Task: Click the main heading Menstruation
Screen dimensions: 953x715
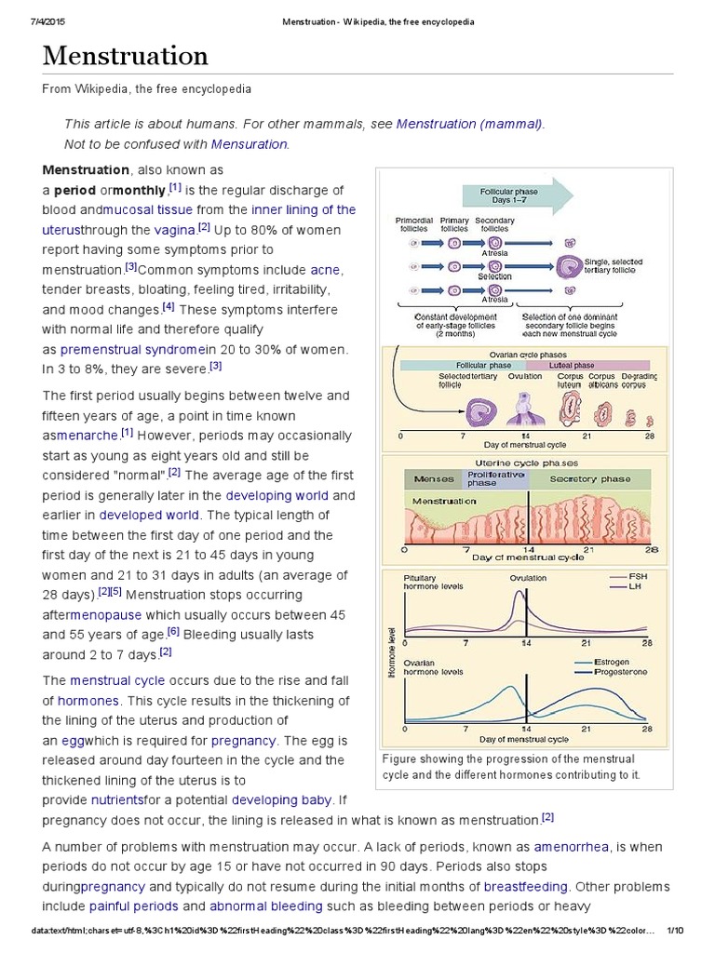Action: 126,56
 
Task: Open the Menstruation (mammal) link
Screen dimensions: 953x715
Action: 469,124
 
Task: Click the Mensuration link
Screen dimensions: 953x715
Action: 250,144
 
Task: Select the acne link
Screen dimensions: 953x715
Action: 326,270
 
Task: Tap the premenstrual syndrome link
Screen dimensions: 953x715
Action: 133,349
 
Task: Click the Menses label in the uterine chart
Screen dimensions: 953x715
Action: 433,479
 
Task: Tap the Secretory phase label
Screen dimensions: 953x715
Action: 589,479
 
